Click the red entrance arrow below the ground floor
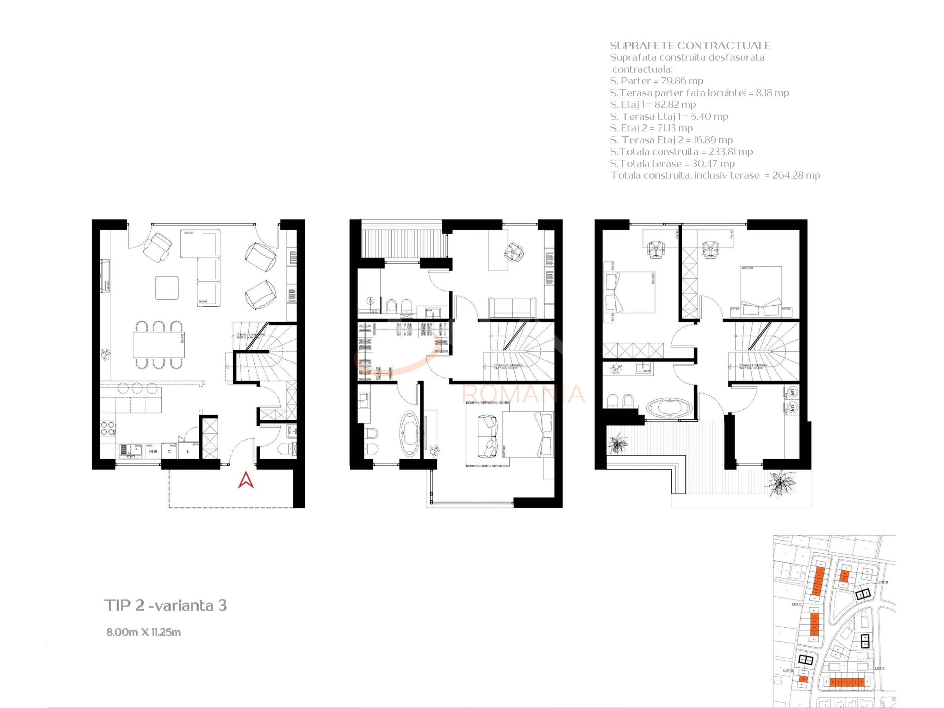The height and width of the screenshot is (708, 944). pyautogui.click(x=246, y=480)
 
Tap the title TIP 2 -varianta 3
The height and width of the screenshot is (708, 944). pyautogui.click(x=166, y=605)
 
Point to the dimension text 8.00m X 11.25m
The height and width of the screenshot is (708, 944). pyautogui.click(x=143, y=632)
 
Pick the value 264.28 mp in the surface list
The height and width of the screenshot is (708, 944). pyautogui.click(x=796, y=175)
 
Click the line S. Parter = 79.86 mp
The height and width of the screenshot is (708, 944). pyautogui.click(x=656, y=81)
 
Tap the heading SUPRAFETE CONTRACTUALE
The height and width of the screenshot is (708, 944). pyautogui.click(x=690, y=46)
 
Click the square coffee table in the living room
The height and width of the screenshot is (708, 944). pyautogui.click(x=167, y=288)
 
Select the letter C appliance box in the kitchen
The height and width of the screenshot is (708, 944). pyautogui.click(x=169, y=452)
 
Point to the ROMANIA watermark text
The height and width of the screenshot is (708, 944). pyautogui.click(x=523, y=394)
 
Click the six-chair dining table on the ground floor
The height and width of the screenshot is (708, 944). pyautogui.click(x=159, y=345)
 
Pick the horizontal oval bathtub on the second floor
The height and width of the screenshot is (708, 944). pyautogui.click(x=669, y=408)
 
